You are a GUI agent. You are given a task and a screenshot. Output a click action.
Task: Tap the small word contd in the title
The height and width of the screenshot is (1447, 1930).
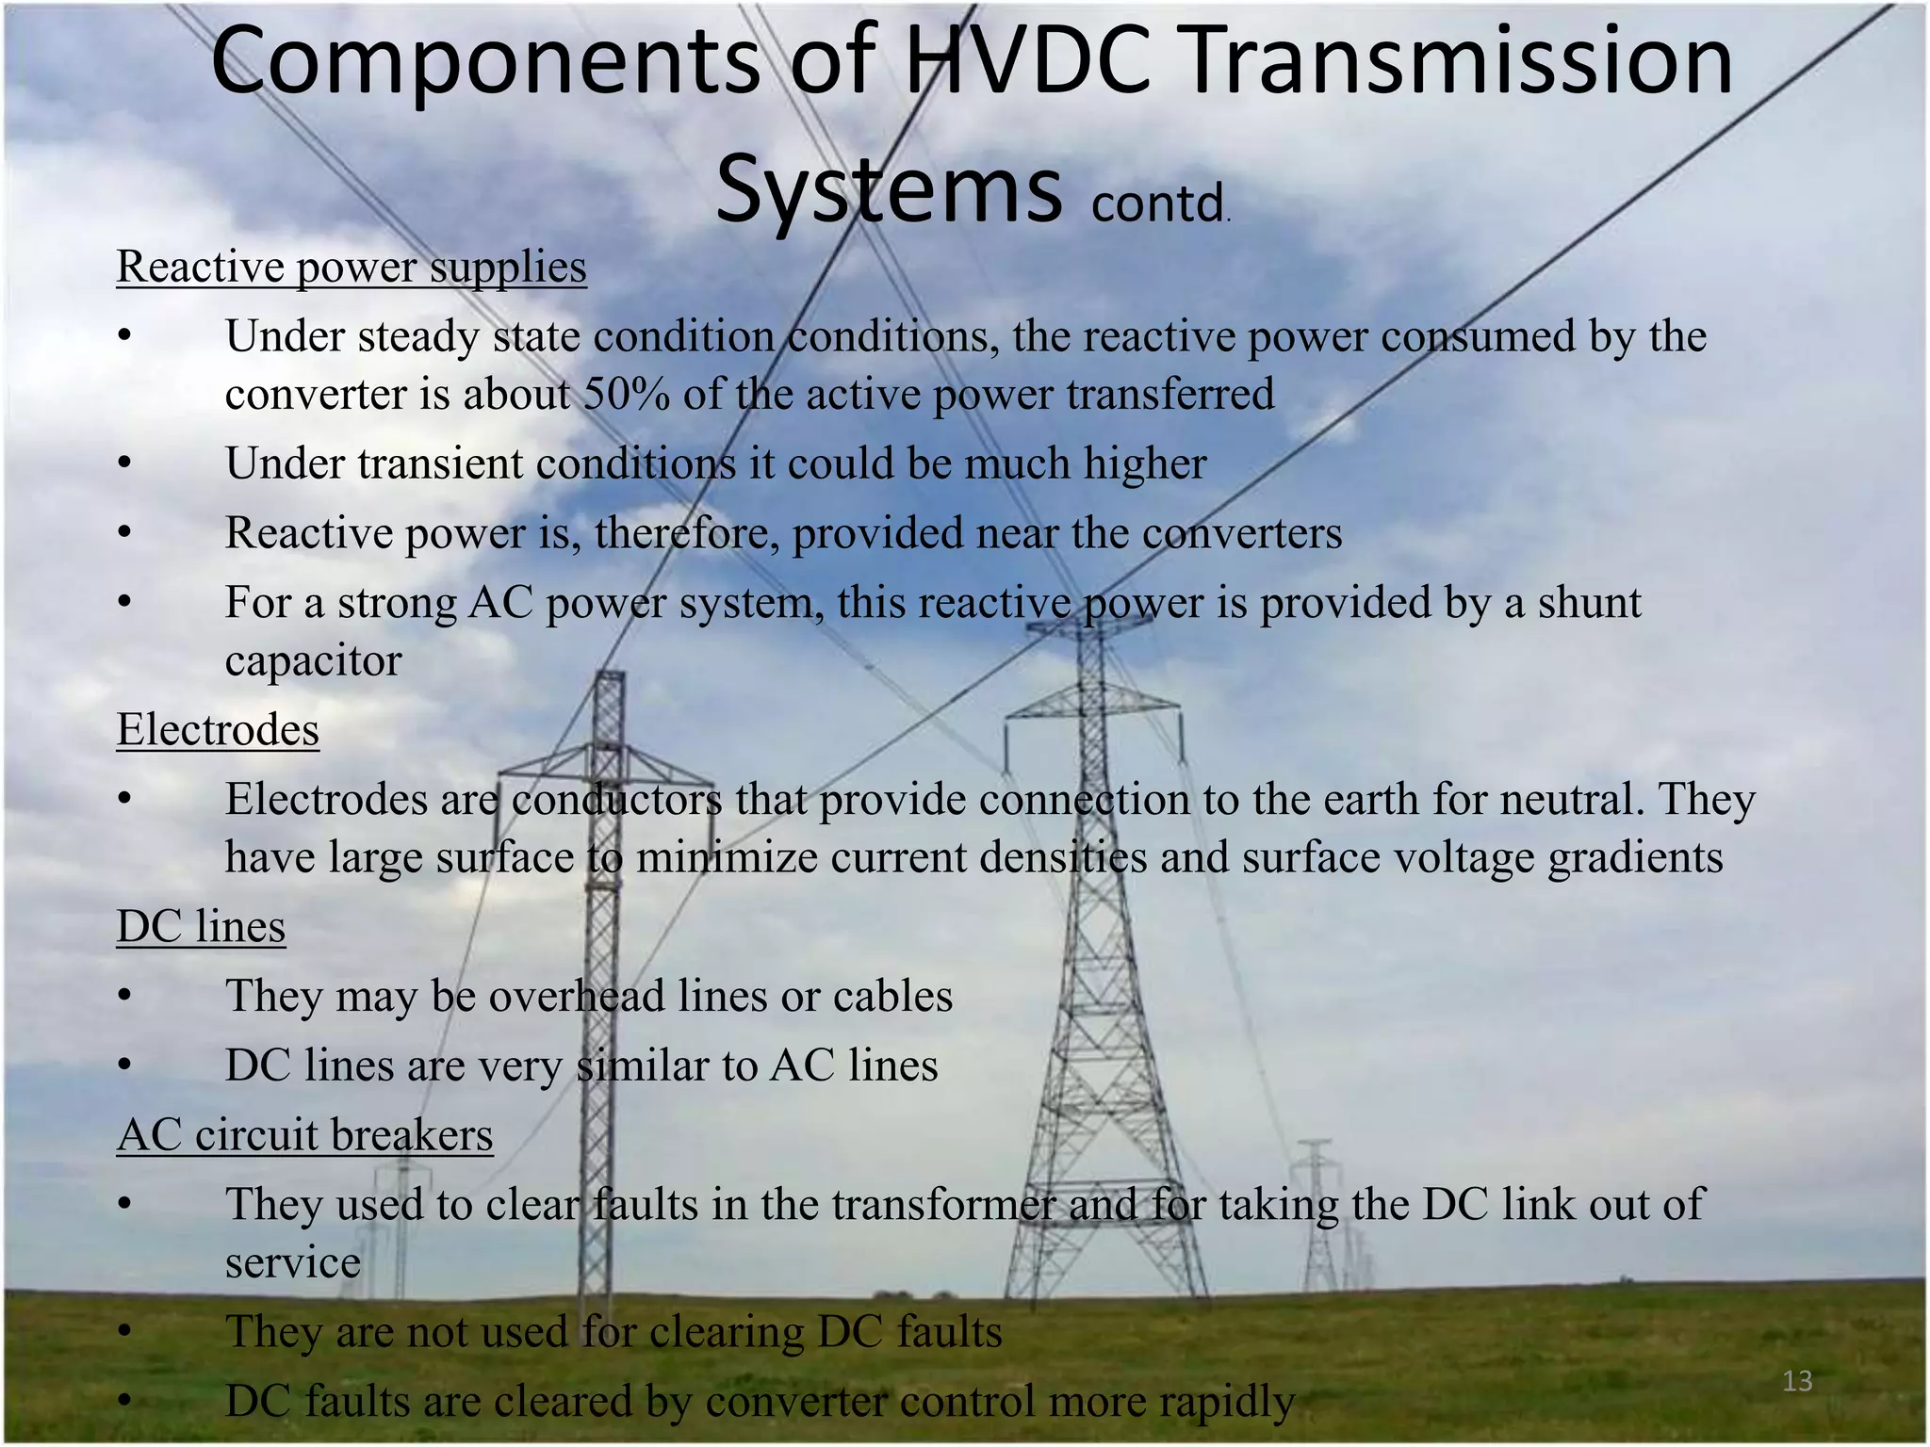(x=1157, y=203)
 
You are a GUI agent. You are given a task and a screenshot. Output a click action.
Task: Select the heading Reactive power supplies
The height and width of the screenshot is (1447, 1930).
(x=352, y=267)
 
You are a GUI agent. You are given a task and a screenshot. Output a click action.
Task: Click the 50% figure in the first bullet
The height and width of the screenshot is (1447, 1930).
(x=626, y=394)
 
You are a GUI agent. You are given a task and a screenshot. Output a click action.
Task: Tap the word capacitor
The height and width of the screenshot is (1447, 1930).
(x=313, y=660)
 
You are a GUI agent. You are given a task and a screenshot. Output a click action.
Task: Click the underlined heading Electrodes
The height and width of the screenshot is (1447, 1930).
(x=218, y=730)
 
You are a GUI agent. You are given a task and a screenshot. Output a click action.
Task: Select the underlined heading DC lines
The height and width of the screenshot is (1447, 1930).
(x=201, y=926)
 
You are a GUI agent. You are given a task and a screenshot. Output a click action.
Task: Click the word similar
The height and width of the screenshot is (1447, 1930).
(x=641, y=1065)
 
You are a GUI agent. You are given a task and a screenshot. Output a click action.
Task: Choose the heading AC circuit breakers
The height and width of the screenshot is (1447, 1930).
(x=304, y=1135)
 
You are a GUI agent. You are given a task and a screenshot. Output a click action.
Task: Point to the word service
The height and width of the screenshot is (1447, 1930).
(x=292, y=1263)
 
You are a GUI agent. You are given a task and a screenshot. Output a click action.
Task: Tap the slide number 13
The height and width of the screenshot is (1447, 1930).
(x=1797, y=1381)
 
